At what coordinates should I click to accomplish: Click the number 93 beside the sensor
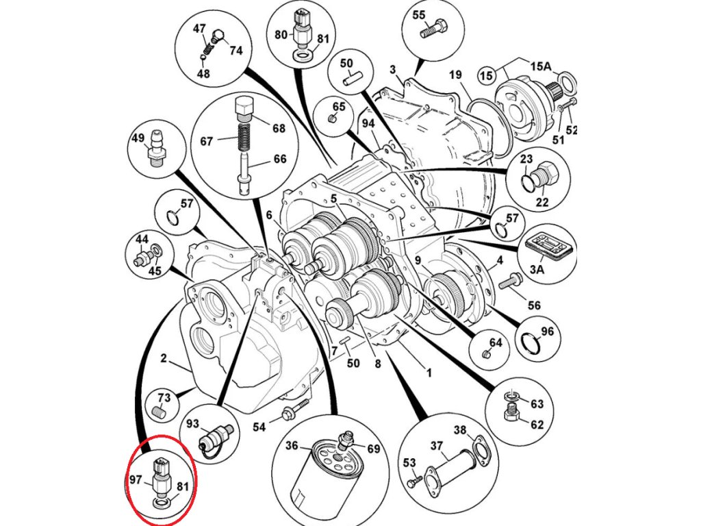tap(193, 424)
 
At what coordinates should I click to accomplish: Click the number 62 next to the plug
tap(537, 425)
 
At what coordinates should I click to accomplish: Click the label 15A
tap(540, 66)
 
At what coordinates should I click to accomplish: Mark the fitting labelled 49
tap(157, 146)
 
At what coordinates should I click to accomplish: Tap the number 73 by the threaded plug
tap(164, 398)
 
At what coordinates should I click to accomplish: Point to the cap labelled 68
tap(244, 108)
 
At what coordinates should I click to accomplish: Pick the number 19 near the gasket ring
tap(456, 75)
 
